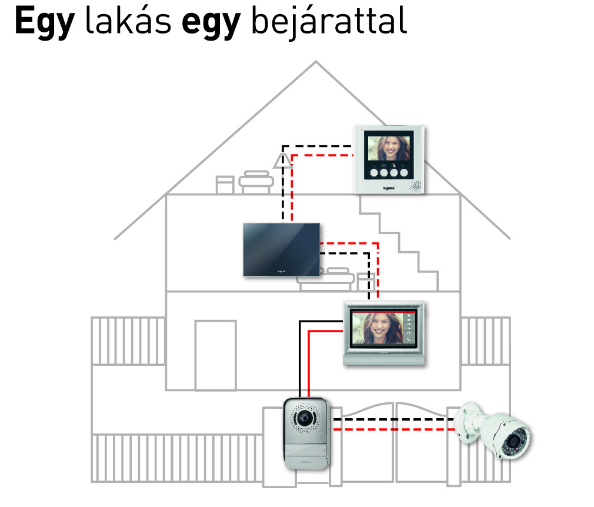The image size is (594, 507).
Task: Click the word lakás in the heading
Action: [129, 22]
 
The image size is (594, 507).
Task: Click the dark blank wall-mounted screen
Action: [282, 249]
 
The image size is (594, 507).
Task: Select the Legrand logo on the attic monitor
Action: [390, 188]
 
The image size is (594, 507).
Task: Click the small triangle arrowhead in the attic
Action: [283, 158]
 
